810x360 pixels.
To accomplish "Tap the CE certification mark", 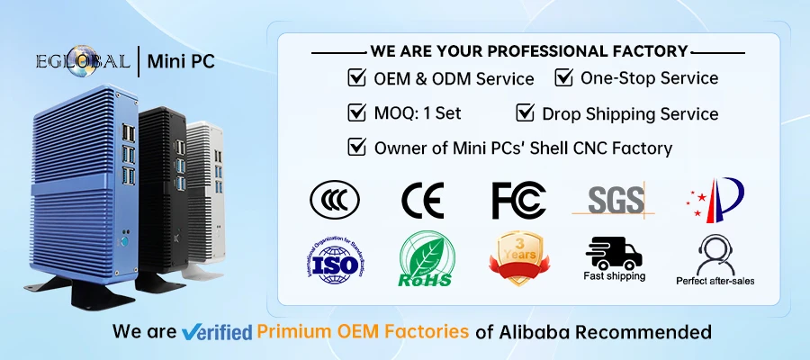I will [x=421, y=200].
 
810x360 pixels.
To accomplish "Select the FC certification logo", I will [x=518, y=200].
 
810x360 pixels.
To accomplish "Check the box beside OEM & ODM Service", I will [x=356, y=78].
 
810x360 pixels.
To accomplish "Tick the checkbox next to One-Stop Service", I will [x=563, y=77].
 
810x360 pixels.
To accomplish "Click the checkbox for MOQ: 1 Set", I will [x=356, y=112].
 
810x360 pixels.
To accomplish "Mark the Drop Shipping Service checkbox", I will [x=525, y=112].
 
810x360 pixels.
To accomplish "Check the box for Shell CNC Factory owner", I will [x=356, y=146].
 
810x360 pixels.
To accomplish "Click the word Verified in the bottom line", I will [x=216, y=331].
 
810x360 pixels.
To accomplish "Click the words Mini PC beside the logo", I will [x=184, y=62].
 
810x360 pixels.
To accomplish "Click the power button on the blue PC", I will [x=125, y=241].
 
